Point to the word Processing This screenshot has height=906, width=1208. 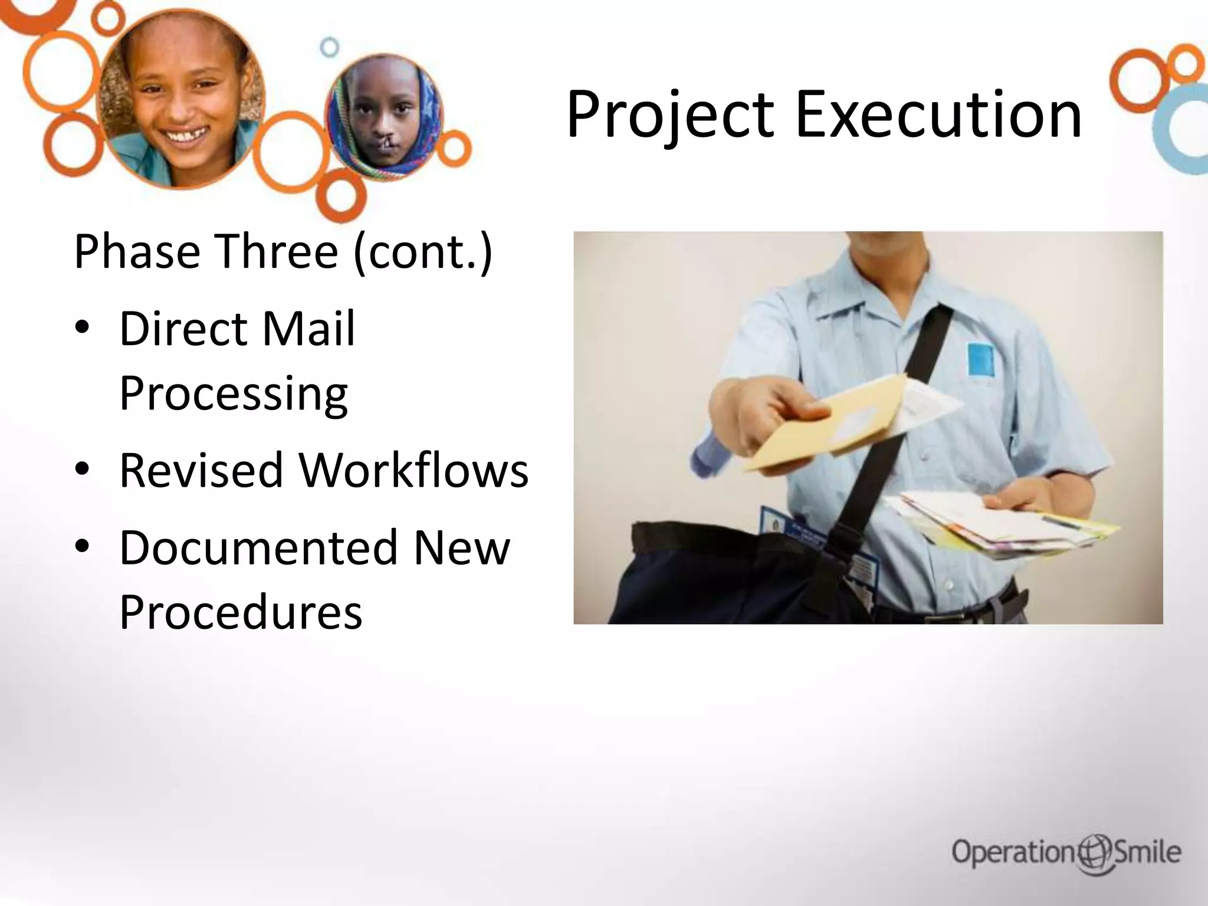pyautogui.click(x=234, y=393)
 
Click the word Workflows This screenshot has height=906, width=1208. pyautogui.click(x=413, y=470)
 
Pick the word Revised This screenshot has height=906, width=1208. pyautogui.click(x=201, y=470)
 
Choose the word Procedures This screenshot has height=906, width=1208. pyautogui.click(x=241, y=612)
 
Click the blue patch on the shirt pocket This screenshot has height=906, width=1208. pyautogui.click(x=980, y=359)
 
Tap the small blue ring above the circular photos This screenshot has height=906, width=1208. pyautogui.click(x=330, y=47)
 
